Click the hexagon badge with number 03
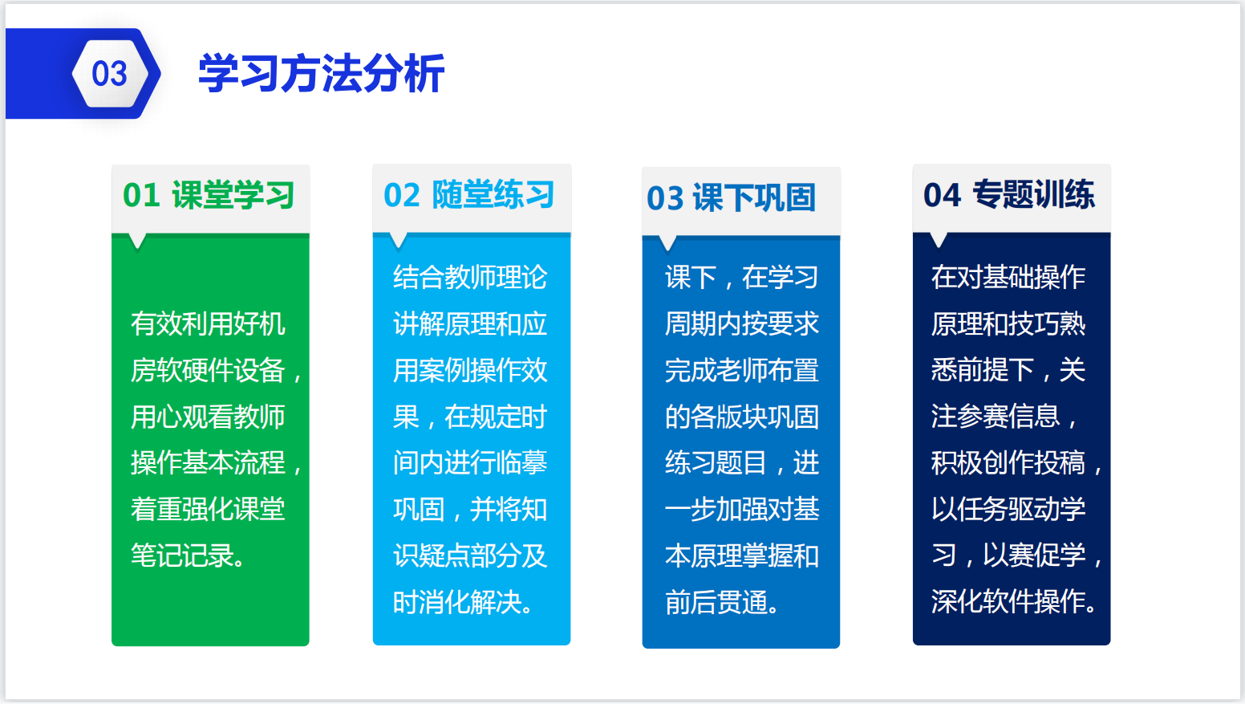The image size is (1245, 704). (x=111, y=73)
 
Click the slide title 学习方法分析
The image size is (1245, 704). (x=321, y=73)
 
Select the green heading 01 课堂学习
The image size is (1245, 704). (x=209, y=195)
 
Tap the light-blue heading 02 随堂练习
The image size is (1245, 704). (x=469, y=194)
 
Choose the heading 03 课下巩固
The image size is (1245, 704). (x=731, y=198)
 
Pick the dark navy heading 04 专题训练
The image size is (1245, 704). (x=1009, y=194)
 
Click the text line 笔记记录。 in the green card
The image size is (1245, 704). (x=188, y=555)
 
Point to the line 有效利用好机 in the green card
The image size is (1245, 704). (x=208, y=324)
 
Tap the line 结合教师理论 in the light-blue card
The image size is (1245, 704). (x=470, y=277)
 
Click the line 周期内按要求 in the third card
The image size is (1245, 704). (x=742, y=324)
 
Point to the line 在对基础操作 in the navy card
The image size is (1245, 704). (x=1008, y=277)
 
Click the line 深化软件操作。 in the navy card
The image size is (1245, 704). (x=1014, y=601)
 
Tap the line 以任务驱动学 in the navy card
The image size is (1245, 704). (x=1008, y=509)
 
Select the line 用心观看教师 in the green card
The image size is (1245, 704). (x=208, y=417)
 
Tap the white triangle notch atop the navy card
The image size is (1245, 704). (x=939, y=240)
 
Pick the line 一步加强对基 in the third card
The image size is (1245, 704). (x=742, y=510)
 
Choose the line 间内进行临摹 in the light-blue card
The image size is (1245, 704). (x=470, y=462)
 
